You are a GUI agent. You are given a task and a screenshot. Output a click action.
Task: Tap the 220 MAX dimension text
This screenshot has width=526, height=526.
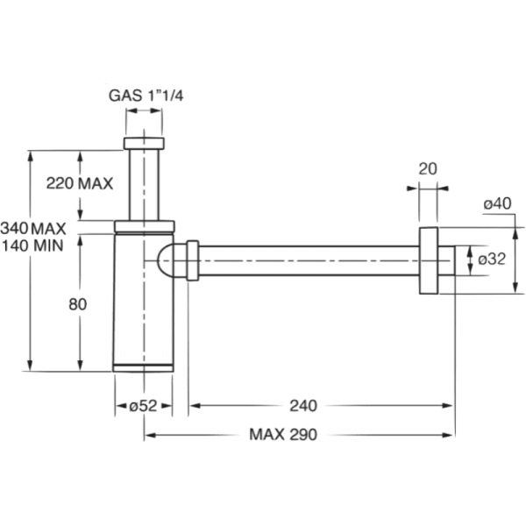point(80,184)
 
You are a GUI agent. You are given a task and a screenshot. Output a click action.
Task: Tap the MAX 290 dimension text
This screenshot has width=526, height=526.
point(281,434)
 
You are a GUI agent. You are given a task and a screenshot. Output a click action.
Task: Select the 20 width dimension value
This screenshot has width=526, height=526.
point(428,169)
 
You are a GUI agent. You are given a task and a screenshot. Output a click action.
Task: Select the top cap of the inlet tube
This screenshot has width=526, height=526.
point(145,144)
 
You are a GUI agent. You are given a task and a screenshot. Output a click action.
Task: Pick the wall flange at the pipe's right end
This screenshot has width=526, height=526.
point(429,259)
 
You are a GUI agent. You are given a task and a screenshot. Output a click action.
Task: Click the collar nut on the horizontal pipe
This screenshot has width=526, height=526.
point(192,261)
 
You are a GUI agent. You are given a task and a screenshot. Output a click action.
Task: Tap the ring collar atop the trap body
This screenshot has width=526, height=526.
point(145,226)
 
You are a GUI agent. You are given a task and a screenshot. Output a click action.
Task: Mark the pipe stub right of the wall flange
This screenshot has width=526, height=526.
point(445,259)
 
